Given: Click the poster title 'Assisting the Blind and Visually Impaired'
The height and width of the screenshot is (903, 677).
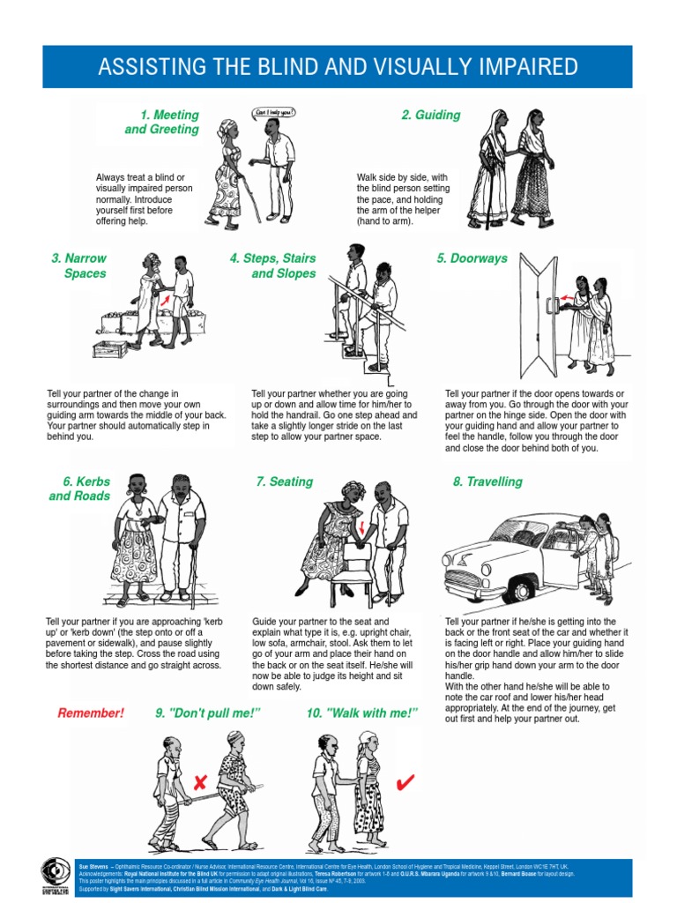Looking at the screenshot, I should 338,67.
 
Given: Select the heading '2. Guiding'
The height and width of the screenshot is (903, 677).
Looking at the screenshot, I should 431,115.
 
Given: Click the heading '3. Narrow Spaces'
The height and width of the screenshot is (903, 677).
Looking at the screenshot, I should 79,265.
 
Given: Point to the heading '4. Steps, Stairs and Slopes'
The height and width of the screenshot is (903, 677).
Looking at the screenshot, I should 273,265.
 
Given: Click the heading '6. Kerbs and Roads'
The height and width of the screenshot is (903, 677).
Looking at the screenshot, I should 80,489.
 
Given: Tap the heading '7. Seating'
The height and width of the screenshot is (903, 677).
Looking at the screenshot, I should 284,481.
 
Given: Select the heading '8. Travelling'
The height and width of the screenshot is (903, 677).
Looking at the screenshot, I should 487,481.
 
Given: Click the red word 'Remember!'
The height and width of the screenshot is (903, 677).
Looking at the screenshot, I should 92,713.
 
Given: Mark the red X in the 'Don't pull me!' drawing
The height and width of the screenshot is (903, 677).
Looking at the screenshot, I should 200,781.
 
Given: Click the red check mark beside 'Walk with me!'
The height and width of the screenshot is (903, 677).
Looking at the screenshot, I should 406,781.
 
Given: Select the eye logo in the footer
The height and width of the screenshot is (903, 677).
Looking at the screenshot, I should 56,873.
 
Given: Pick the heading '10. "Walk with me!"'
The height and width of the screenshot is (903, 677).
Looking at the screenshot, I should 361,713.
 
